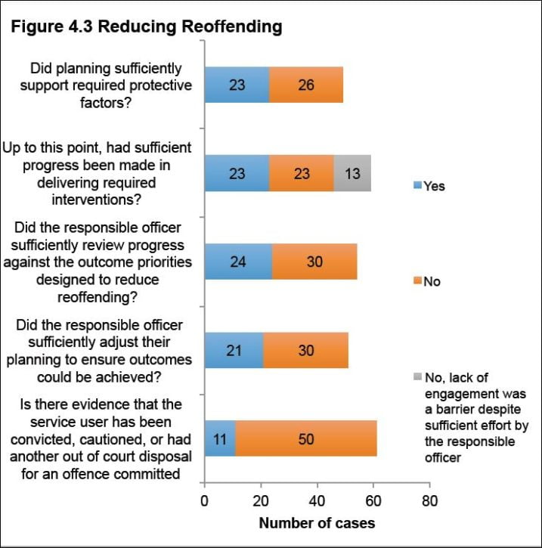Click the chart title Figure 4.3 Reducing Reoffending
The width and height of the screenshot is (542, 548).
(x=146, y=27)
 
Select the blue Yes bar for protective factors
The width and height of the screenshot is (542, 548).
(x=237, y=85)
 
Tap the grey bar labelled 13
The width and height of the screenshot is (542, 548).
(x=352, y=173)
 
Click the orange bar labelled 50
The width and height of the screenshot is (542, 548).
(x=305, y=438)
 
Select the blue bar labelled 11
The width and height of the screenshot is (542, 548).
(x=219, y=438)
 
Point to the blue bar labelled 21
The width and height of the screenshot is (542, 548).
(x=234, y=350)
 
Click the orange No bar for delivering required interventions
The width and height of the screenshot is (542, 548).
(x=302, y=173)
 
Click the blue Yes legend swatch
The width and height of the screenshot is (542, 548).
(x=417, y=186)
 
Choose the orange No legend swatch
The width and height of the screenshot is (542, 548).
(x=417, y=282)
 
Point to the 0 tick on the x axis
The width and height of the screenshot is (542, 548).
(x=204, y=500)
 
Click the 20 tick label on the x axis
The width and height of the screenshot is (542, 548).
(x=260, y=500)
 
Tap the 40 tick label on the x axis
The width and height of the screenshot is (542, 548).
(x=317, y=500)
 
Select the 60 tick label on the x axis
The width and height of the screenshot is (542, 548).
(x=373, y=500)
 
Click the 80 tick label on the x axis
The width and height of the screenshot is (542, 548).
(x=429, y=500)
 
